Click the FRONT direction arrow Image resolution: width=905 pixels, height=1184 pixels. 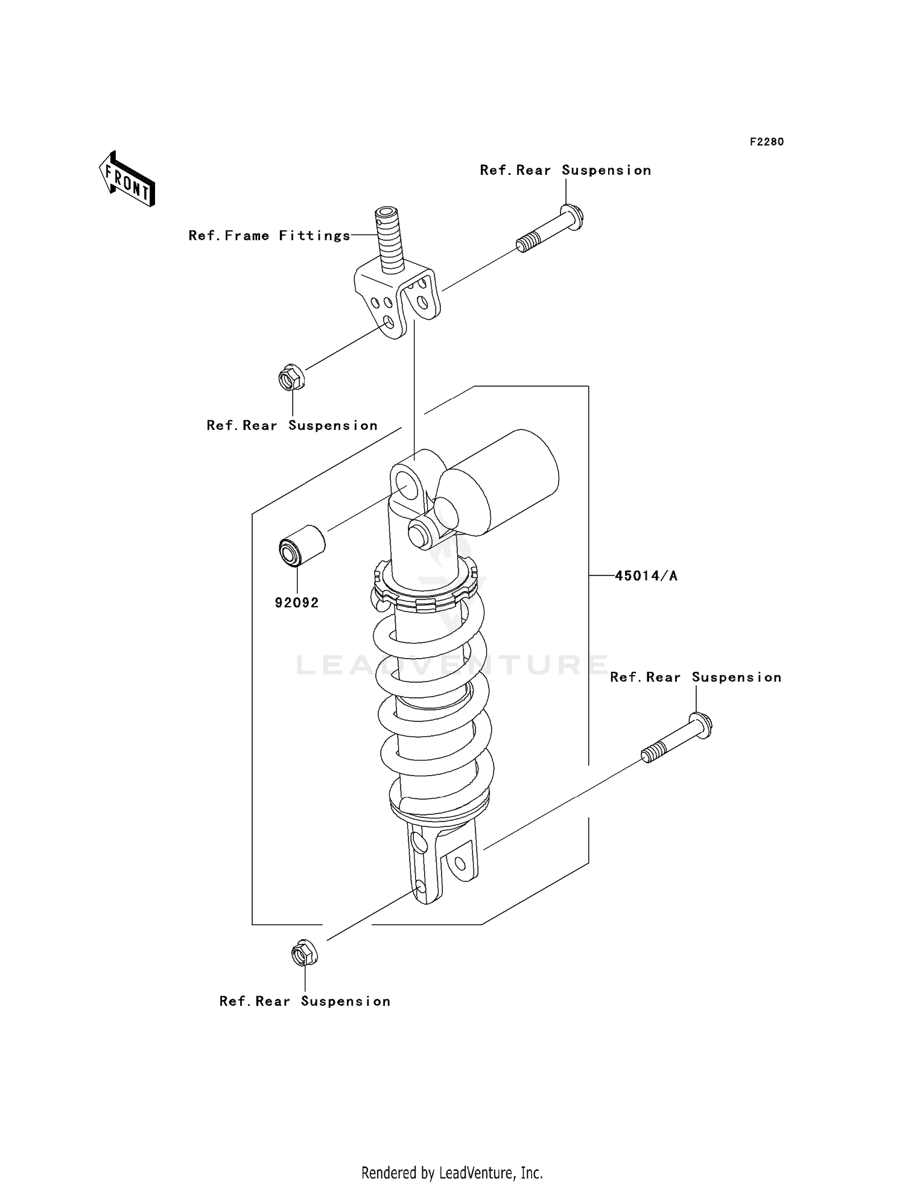click(127, 179)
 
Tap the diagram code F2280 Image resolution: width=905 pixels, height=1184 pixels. click(766, 142)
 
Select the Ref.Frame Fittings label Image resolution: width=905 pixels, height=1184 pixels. click(269, 236)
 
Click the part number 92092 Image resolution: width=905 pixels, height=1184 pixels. click(296, 603)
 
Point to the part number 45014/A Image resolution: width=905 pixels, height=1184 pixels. click(646, 576)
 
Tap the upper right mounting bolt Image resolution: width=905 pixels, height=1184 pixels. click(550, 230)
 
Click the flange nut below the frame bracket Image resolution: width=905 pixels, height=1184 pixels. click(291, 378)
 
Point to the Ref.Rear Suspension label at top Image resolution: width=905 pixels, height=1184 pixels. click(565, 171)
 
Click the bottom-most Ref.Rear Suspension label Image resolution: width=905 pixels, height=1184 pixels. click(305, 1001)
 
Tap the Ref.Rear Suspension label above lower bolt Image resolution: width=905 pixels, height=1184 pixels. click(695, 677)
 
